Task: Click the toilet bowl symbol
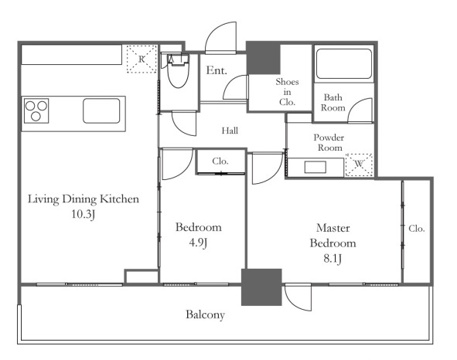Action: click(178, 71)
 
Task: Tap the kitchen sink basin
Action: click(101, 110)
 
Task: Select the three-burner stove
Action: click(36, 110)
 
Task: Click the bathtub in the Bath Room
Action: click(343, 64)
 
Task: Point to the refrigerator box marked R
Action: click(142, 59)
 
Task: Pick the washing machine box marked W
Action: click(359, 165)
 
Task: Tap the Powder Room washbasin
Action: click(315, 167)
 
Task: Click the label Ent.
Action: click(217, 70)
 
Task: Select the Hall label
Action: click(230, 131)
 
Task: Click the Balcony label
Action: click(206, 315)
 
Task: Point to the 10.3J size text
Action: click(84, 215)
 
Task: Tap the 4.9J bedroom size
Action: click(198, 243)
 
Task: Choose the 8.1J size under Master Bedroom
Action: click(333, 259)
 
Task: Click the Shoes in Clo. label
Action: click(287, 92)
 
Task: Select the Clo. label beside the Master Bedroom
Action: click(417, 229)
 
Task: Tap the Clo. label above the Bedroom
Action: click(220, 161)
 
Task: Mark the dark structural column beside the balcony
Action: click(261, 287)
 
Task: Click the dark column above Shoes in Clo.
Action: click(264, 58)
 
